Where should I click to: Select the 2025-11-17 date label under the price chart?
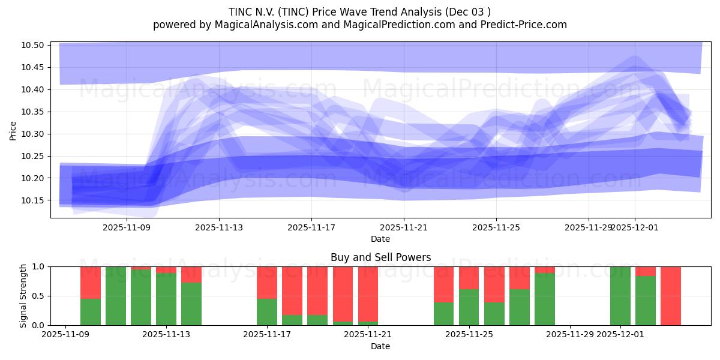pyautogui.click(x=311, y=227)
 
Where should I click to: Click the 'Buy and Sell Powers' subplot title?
pyautogui.click(x=380, y=257)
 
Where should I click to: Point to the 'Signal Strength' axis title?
pyautogui.click(x=23, y=296)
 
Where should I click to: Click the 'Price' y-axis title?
pyautogui.click(x=13, y=130)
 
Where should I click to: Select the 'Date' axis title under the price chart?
pyautogui.click(x=380, y=239)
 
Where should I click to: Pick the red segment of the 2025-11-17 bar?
pyautogui.click(x=267, y=282)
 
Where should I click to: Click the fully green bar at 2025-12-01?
pyautogui.click(x=620, y=296)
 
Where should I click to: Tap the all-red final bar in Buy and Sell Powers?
pyautogui.click(x=671, y=296)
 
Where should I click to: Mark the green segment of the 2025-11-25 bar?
pyautogui.click(x=469, y=307)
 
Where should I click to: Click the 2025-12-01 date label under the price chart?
pyautogui.click(x=635, y=227)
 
